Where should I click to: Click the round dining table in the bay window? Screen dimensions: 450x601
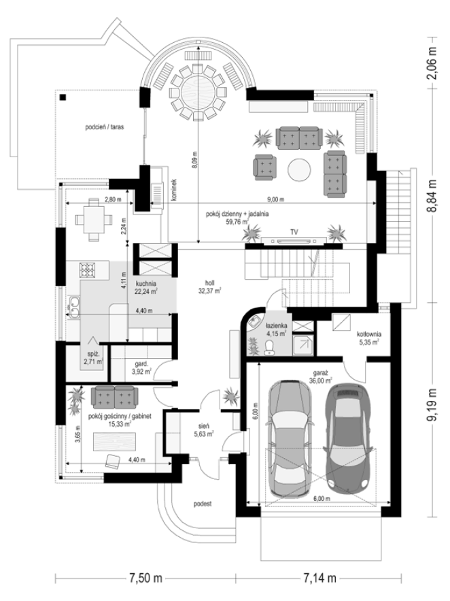(x=198, y=93)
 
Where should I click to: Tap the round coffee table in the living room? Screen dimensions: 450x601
(x=299, y=169)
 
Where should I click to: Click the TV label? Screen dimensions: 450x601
(x=294, y=232)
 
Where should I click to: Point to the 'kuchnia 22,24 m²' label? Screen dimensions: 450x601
(x=145, y=287)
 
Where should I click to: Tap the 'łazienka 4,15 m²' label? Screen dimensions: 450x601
(x=276, y=329)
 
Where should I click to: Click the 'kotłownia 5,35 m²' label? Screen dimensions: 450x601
(x=369, y=338)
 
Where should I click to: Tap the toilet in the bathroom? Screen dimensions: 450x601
(x=269, y=347)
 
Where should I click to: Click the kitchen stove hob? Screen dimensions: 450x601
(x=87, y=270)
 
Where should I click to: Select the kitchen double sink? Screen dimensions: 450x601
(x=73, y=307)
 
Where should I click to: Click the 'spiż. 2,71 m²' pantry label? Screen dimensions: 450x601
(x=93, y=359)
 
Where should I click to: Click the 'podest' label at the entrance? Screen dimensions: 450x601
(x=203, y=504)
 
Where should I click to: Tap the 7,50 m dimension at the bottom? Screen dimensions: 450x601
(x=145, y=578)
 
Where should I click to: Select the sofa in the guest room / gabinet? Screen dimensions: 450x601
(x=114, y=397)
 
